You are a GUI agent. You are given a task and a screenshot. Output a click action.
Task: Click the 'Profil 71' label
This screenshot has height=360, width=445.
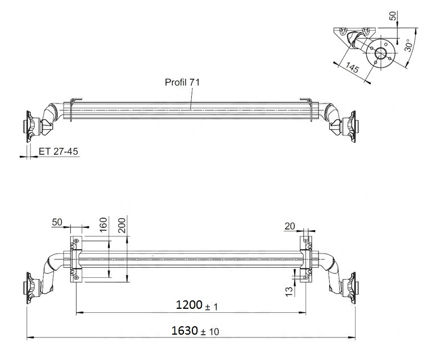click(x=182, y=82)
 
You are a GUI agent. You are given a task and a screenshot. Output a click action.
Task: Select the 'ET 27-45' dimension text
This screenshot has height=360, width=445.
click(x=58, y=152)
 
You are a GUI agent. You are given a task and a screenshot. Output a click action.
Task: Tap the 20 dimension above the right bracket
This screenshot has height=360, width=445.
click(x=290, y=226)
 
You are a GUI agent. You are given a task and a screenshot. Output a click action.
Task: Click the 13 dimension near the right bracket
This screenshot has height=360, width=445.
click(x=289, y=290)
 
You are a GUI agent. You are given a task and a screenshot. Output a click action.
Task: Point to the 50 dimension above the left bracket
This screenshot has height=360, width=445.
click(x=57, y=222)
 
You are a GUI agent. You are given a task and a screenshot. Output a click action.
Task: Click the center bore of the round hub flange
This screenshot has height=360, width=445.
click(x=381, y=54)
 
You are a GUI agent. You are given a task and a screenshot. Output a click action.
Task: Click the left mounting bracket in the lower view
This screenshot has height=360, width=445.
click(x=74, y=259)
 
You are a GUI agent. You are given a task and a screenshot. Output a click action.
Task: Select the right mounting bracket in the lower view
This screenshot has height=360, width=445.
click(x=305, y=259)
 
